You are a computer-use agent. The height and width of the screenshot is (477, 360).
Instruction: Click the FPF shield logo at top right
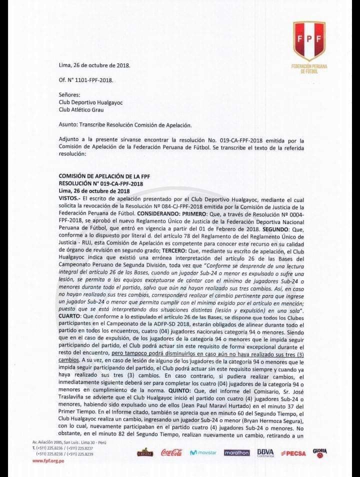coord(308,41)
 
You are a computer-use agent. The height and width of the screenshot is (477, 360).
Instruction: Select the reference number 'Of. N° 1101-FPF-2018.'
coord(86,80)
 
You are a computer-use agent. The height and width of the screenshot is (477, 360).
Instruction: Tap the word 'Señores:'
coord(69,94)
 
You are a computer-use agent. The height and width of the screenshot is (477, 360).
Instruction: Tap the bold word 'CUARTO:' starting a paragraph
coord(70,316)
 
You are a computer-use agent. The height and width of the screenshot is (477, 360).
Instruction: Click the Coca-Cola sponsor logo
coord(172,452)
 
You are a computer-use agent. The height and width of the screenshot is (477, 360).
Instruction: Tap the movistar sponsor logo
coord(203,452)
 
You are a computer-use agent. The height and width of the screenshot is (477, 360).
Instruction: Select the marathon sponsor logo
coord(236,452)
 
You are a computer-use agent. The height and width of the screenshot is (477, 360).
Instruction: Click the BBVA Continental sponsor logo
coord(265,452)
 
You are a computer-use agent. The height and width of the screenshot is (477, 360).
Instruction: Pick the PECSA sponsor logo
coord(293,452)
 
